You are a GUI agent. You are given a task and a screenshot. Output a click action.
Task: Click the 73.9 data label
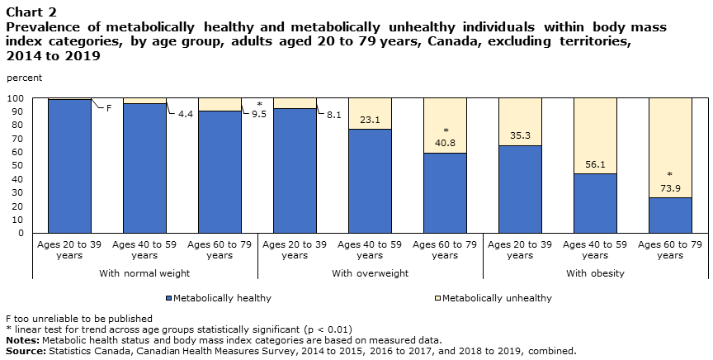point(670,189)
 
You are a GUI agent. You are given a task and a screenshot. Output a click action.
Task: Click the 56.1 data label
point(595,164)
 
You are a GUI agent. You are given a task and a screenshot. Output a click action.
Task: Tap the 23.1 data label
point(370,121)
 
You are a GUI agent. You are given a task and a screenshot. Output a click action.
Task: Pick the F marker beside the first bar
point(108,107)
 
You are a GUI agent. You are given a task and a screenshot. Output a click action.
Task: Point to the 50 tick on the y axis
point(19,166)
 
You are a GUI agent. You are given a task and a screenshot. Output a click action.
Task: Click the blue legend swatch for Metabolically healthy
point(168,298)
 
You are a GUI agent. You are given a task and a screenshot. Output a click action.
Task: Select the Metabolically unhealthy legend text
point(497,298)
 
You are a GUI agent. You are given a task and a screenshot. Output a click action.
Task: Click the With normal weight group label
point(144,272)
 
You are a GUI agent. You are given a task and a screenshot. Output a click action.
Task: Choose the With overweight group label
point(370,272)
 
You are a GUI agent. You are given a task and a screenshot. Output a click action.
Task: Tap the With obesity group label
point(595,272)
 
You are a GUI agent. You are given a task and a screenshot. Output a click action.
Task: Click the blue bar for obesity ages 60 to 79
point(670,216)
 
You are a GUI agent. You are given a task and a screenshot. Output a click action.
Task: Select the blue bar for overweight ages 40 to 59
point(370,182)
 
